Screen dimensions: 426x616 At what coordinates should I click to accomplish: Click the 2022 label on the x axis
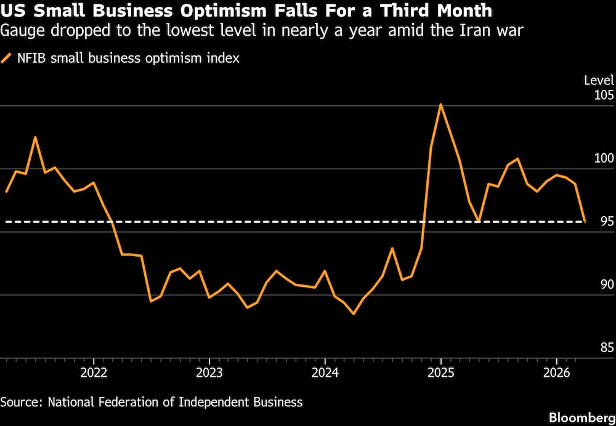click(x=94, y=374)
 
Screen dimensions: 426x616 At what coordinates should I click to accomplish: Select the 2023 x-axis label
click(x=209, y=374)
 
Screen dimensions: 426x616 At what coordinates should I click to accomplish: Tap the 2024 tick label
click(x=325, y=374)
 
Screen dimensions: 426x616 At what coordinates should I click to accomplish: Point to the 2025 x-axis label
click(x=440, y=374)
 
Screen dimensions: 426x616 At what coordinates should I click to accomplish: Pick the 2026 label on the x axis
click(x=556, y=374)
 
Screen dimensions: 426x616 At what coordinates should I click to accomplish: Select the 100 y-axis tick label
click(x=604, y=158)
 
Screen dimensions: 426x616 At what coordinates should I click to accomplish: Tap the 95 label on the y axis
click(x=607, y=222)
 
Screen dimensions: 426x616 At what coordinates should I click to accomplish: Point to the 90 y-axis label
click(x=607, y=284)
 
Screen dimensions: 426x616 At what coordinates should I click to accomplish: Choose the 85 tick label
click(x=607, y=348)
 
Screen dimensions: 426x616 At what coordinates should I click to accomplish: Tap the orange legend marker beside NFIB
click(x=7, y=59)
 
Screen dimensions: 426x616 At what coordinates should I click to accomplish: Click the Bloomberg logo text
click(x=582, y=417)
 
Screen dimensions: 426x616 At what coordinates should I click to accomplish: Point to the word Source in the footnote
click(x=20, y=402)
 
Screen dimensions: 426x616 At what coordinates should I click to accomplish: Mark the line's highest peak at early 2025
click(x=440, y=104)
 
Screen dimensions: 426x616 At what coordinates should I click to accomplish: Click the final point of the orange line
click(x=585, y=221)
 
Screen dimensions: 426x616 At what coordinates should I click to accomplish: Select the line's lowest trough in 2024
click(x=354, y=314)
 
